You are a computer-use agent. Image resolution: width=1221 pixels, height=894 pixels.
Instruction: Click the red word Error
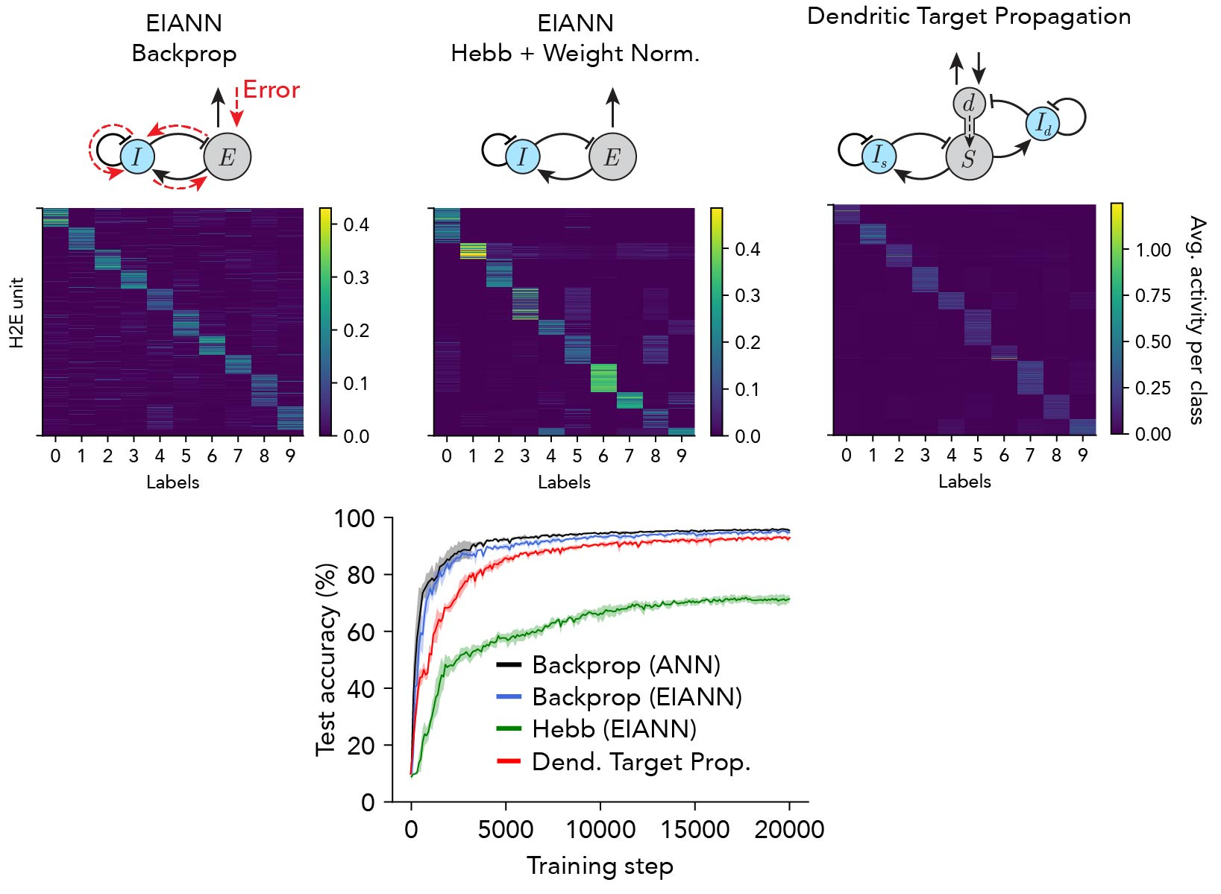tap(271, 90)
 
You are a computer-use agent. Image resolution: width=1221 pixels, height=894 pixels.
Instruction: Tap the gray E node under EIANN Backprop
tap(227, 157)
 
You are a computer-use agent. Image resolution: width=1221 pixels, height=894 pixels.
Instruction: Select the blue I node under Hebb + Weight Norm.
tap(522, 157)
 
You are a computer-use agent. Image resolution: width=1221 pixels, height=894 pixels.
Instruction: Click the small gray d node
tap(969, 104)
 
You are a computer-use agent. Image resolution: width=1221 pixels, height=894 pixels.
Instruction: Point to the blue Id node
tap(1043, 124)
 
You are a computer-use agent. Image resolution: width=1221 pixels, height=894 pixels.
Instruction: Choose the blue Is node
tap(879, 156)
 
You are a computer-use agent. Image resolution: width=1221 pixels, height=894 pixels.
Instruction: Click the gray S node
tap(969, 157)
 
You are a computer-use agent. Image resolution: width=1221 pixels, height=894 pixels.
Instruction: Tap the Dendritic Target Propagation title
tap(969, 16)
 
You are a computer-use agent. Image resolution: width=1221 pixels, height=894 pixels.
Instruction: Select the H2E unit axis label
tap(17, 313)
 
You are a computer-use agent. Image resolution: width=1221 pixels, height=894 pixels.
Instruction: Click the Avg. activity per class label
tap(1197, 321)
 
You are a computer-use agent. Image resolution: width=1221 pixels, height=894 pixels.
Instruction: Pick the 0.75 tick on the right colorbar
tap(1153, 296)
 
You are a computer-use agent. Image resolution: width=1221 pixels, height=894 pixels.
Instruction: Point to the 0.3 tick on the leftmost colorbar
tap(356, 277)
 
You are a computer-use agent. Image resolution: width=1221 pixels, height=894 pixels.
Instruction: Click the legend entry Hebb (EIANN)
tap(614, 729)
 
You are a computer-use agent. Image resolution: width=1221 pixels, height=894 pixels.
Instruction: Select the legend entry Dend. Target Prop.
tap(641, 762)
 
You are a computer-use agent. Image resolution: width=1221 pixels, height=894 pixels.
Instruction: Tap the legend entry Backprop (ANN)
tap(626, 664)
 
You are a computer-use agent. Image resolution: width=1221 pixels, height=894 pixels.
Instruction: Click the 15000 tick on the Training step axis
tap(695, 829)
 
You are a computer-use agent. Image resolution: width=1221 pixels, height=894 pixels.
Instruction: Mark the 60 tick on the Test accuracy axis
tap(360, 632)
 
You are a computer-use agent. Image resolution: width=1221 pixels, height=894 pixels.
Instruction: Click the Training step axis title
tap(600, 866)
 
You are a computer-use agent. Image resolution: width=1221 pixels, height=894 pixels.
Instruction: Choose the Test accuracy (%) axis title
tap(326, 659)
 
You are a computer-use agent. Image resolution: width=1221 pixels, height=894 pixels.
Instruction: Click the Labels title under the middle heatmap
tap(564, 482)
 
